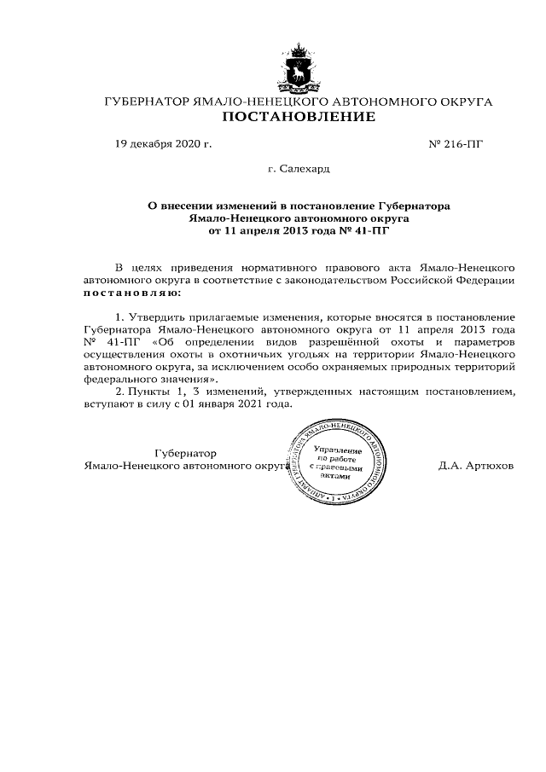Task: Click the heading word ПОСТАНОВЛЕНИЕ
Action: [x=299, y=117]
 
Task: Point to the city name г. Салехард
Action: [x=299, y=170]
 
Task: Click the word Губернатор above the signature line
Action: [x=185, y=453]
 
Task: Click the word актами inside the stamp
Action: [x=338, y=476]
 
